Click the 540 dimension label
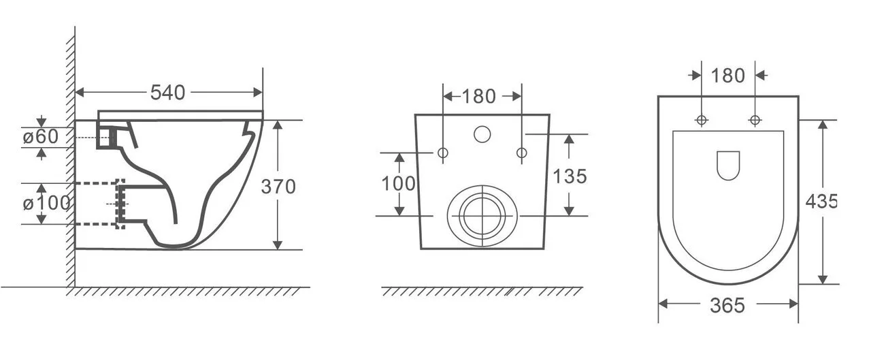coord(167,93)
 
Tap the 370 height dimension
coord(278,187)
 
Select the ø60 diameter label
coord(40,137)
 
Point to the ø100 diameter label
coord(46,203)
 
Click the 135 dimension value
coord(570,176)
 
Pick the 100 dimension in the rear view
coord(399,184)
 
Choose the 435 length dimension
coord(821,202)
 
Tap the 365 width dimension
coord(727,305)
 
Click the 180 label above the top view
coord(728,76)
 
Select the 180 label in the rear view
coord(478,97)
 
